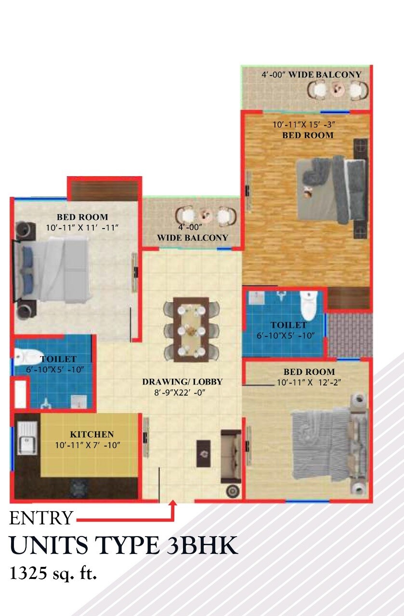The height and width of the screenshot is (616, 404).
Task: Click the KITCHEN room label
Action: click(x=92, y=434)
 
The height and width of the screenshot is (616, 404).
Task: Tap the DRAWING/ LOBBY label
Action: click(x=182, y=382)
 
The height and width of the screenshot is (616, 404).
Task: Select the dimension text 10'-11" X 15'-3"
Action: click(x=303, y=125)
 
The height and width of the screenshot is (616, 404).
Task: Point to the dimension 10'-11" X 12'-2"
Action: click(x=305, y=383)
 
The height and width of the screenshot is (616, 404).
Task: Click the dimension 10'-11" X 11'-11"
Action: click(x=82, y=228)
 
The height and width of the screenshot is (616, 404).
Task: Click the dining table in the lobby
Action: click(x=191, y=330)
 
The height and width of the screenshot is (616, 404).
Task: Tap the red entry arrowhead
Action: click(x=173, y=504)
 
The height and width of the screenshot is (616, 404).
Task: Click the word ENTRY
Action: click(x=41, y=518)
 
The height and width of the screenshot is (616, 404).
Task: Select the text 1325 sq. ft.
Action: click(x=53, y=574)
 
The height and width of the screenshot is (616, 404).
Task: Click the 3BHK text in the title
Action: click(x=202, y=546)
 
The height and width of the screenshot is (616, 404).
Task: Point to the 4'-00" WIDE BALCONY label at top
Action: click(x=311, y=75)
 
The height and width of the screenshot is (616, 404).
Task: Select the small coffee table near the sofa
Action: click(x=203, y=453)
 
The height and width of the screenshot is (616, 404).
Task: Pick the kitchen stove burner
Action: click(x=77, y=488)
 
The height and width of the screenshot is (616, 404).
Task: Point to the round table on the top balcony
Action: click(x=338, y=89)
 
